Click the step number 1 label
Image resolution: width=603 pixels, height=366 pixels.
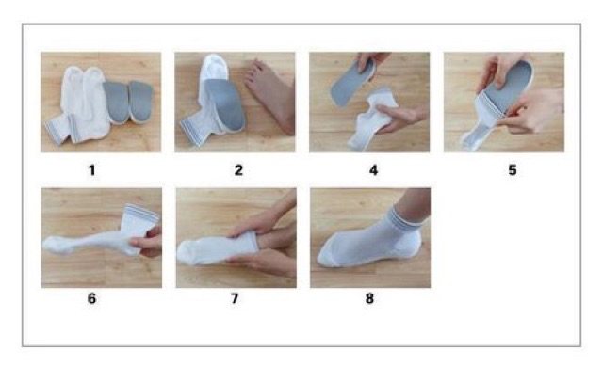click(x=92, y=170)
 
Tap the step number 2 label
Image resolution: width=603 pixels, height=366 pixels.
click(x=238, y=170)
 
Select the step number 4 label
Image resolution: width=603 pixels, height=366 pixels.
click(x=373, y=170)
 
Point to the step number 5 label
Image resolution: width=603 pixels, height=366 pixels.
click(x=513, y=170)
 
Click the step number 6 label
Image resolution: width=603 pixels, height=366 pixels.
click(x=92, y=298)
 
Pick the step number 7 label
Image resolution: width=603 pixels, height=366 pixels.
click(x=235, y=298)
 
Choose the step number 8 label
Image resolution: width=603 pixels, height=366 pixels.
click(x=369, y=298)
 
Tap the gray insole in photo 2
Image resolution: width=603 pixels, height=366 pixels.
click(x=225, y=103)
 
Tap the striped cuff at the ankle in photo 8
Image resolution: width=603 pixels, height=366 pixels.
click(x=409, y=219)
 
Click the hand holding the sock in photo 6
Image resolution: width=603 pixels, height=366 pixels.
click(x=148, y=243)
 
